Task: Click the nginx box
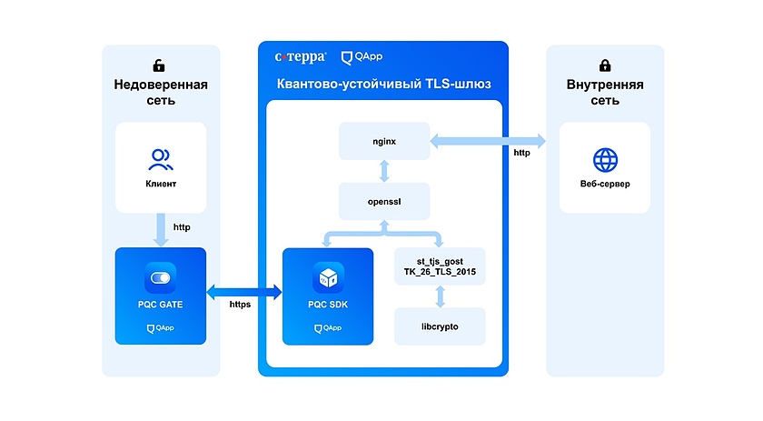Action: click(384, 142)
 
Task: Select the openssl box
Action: click(384, 201)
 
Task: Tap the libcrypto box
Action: click(440, 326)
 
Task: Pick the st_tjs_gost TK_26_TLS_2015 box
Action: click(440, 266)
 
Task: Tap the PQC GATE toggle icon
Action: click(161, 276)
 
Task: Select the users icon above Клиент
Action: click(161, 160)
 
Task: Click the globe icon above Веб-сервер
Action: click(604, 161)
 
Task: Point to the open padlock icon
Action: click(160, 66)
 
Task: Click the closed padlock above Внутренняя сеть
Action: click(605, 66)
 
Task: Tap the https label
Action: click(240, 304)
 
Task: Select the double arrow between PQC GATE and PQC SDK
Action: click(244, 291)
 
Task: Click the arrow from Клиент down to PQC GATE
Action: click(161, 230)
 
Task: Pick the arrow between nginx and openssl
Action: click(384, 171)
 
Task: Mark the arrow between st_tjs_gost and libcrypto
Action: click(440, 296)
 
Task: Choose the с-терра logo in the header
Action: click(300, 57)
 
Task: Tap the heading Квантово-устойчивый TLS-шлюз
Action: click(382, 84)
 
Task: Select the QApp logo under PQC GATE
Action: click(161, 328)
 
